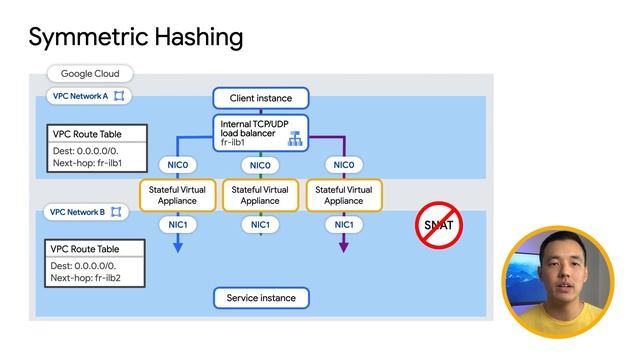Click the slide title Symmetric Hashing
point(136,37)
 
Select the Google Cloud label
point(90,74)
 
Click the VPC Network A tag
point(85,96)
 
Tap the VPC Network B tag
point(85,212)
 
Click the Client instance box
point(260,98)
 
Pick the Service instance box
point(260,298)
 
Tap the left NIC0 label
point(175,165)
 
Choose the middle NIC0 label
point(260,165)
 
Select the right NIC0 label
point(343,165)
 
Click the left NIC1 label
point(175,225)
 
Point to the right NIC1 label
point(343,225)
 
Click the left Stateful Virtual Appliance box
point(175,195)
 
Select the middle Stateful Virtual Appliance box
point(260,195)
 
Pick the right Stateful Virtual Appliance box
point(343,195)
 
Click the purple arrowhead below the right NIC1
point(343,247)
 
